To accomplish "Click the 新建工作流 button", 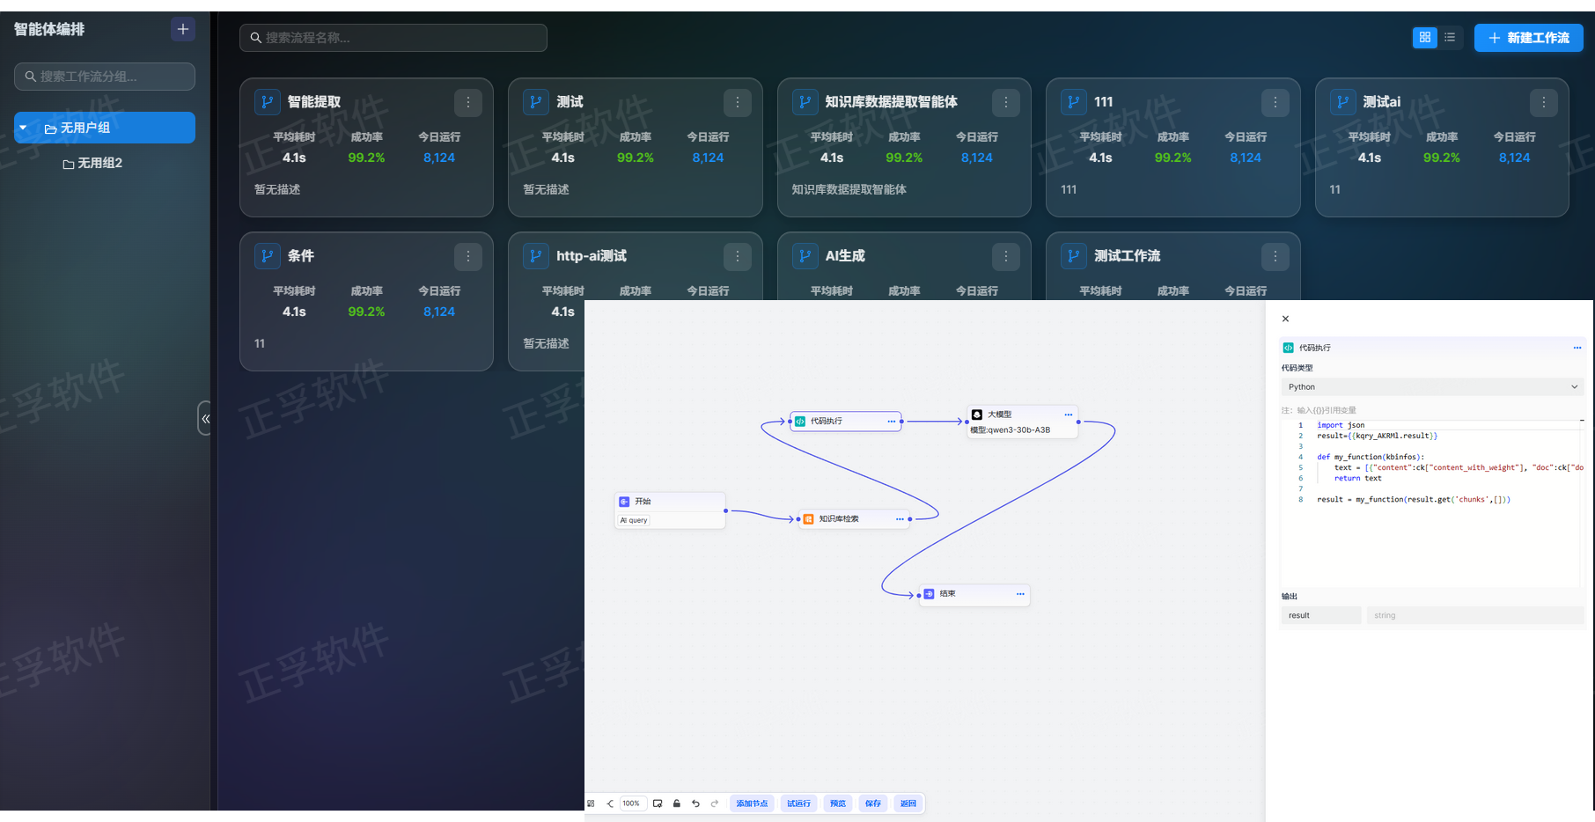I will pyautogui.click(x=1528, y=38).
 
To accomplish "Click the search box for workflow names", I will pyautogui.click(x=393, y=38).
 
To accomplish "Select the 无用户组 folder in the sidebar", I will pyautogui.click(x=105, y=128).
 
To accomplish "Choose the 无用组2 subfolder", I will pyautogui.click(x=99, y=163).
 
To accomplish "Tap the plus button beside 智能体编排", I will pyautogui.click(x=182, y=29).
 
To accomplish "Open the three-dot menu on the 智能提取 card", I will pyautogui.click(x=468, y=103).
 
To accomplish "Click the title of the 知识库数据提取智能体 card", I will pyautogui.click(x=891, y=102).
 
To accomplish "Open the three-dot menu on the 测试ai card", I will pyautogui.click(x=1543, y=103).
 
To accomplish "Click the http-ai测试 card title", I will pyautogui.click(x=592, y=256).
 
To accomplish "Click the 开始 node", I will pyautogui.click(x=669, y=502).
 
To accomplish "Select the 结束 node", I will pyautogui.click(x=968, y=594).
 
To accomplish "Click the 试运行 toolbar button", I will pyautogui.click(x=798, y=804).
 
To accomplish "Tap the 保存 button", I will pyautogui.click(x=872, y=804).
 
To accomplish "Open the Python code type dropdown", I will pyautogui.click(x=1431, y=387).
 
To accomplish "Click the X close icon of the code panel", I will pyautogui.click(x=1285, y=319).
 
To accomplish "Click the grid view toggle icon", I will pyautogui.click(x=1424, y=38).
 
